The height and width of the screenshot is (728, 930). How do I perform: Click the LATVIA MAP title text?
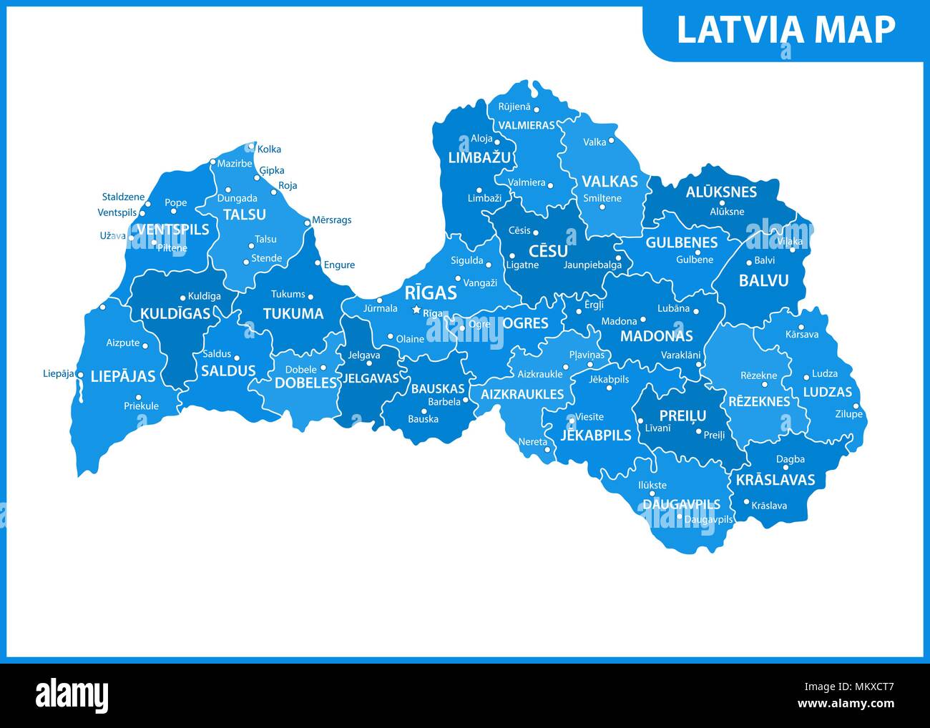[x=785, y=30]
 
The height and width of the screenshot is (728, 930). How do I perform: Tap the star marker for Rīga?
[x=416, y=310]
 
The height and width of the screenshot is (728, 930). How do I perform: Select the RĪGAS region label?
[x=431, y=292]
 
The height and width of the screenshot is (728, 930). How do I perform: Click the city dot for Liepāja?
[x=79, y=375]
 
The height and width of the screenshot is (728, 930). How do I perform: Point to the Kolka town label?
[x=269, y=149]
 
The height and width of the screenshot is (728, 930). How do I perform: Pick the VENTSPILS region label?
[x=172, y=230]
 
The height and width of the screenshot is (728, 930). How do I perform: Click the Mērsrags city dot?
[x=308, y=222]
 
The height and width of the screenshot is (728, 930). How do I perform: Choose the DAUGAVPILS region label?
[x=681, y=504]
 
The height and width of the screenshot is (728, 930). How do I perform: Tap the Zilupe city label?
[x=848, y=414]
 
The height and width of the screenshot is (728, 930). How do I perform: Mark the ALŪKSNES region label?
[x=721, y=192]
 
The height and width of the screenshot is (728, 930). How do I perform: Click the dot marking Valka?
[x=612, y=142]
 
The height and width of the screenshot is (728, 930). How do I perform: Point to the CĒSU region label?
[x=548, y=251]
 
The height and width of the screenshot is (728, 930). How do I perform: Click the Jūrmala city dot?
[x=379, y=300]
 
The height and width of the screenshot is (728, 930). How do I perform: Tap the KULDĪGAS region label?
[x=175, y=313]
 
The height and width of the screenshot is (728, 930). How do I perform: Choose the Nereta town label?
[x=532, y=442]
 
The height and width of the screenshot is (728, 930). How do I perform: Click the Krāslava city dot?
[x=746, y=501]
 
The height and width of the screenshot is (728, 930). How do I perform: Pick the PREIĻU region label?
[x=682, y=415]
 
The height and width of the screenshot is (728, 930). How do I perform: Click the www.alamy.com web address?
[x=848, y=704]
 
